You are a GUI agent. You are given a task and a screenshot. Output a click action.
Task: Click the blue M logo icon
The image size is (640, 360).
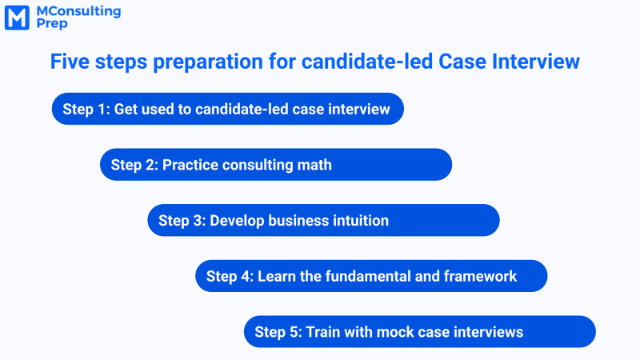click(x=17, y=18)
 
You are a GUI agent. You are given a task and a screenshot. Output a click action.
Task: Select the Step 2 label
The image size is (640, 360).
click(x=134, y=165)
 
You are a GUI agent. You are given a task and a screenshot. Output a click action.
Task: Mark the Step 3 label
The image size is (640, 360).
click(x=182, y=221)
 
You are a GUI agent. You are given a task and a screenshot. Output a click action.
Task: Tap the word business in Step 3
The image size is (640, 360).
click(x=294, y=221)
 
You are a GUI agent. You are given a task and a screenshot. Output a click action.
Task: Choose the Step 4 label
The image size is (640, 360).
click(x=230, y=277)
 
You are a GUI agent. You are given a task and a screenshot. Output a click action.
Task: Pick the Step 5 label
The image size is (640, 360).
click(x=278, y=332)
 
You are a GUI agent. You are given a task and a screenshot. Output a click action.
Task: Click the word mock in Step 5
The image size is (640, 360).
click(x=393, y=332)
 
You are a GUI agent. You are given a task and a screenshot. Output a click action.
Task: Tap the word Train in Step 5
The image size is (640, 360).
click(x=324, y=332)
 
